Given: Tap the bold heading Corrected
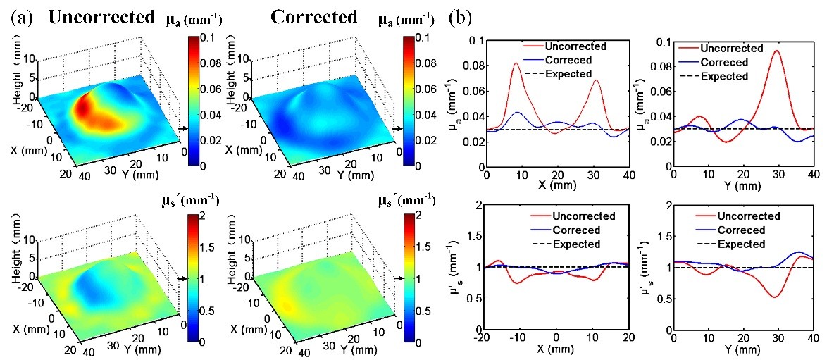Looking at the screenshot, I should click(314, 18).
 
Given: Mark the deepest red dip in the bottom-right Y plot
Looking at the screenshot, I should click(773, 297).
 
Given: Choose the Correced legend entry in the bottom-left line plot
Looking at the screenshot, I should click(571, 230).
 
